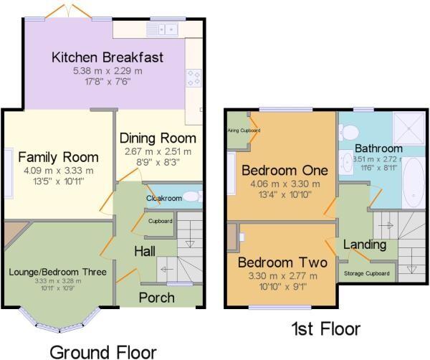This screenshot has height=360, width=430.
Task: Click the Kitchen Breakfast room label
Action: [x=107, y=57]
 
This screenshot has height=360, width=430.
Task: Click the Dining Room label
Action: [x=157, y=138]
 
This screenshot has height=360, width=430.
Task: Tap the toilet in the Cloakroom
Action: [x=189, y=197]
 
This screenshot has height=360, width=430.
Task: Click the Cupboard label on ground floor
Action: [x=161, y=221]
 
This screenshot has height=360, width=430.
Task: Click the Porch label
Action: [x=156, y=297]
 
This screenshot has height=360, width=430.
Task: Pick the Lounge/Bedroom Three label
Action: [x=58, y=273]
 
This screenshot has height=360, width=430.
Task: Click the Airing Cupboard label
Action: [x=244, y=131]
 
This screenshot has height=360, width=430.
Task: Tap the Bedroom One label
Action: [x=285, y=171]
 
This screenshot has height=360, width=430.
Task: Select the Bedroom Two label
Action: [x=282, y=262]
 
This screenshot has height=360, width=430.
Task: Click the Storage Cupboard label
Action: [x=367, y=273]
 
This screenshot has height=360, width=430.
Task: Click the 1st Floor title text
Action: [x=325, y=329]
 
